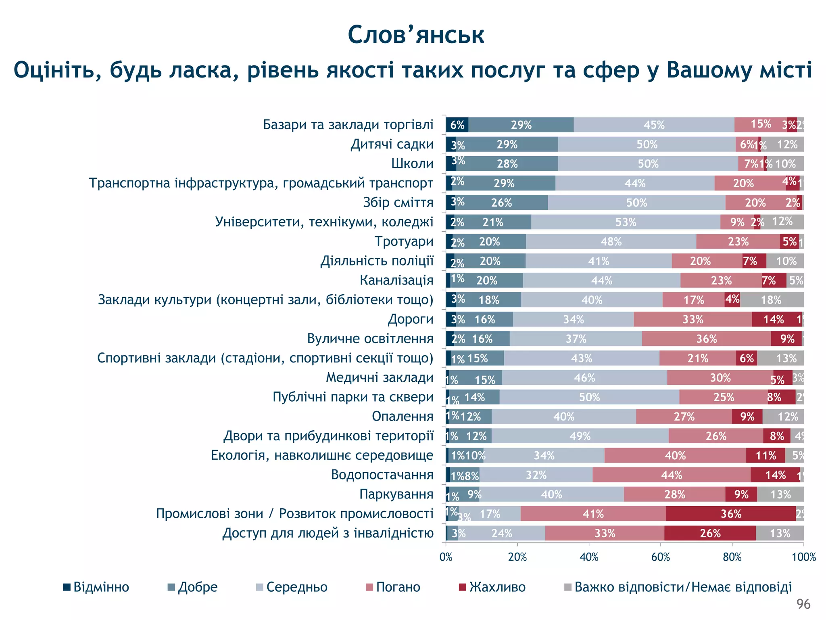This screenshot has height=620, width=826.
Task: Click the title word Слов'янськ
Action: click(416, 35)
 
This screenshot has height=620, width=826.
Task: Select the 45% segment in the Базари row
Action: click(654, 125)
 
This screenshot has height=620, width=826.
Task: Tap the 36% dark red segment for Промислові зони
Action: click(730, 514)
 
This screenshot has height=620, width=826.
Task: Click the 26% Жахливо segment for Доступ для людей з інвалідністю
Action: click(710, 533)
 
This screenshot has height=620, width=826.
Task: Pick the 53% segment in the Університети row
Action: click(626, 222)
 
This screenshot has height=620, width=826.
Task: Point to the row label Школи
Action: click(412, 163)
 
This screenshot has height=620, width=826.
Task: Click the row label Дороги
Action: click(410, 319)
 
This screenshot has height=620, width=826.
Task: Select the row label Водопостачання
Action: click(382, 475)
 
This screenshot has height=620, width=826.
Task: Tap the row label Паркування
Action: click(396, 494)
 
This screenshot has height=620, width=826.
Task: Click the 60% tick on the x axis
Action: click(661, 557)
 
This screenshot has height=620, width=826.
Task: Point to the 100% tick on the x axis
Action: click(803, 557)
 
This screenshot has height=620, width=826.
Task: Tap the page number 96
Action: click(803, 604)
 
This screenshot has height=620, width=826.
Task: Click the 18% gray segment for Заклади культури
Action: click(771, 300)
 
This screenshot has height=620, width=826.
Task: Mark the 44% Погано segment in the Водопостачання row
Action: click(672, 475)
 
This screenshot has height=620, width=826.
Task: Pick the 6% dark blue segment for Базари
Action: click(457, 125)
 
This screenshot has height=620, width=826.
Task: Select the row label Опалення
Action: click(402, 416)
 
